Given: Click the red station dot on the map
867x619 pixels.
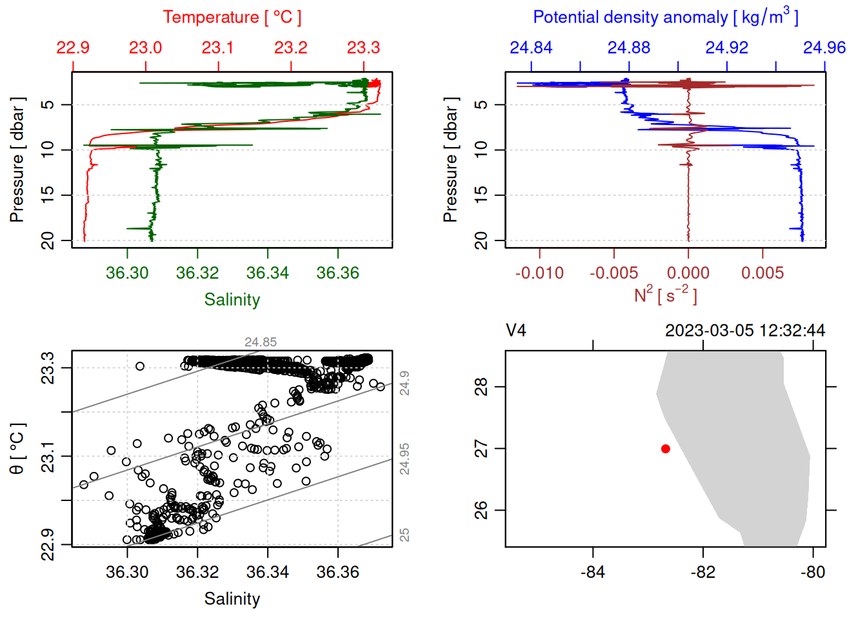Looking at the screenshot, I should tap(665, 449).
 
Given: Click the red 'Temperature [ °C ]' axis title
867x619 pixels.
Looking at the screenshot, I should tap(232, 17).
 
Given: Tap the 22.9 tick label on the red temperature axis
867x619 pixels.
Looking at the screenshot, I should tap(73, 48).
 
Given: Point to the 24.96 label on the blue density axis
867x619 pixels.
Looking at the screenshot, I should tap(824, 48).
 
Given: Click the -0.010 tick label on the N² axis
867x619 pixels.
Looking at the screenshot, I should tap(539, 273).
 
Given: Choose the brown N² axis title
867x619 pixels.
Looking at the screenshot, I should tap(665, 295).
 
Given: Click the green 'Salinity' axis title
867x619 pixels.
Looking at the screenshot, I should tap(232, 300).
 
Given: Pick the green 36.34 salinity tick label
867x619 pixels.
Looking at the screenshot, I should tap(268, 273).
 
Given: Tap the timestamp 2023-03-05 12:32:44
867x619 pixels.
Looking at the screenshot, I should tap(745, 331).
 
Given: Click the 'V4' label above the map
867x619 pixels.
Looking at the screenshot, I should tap(516, 331).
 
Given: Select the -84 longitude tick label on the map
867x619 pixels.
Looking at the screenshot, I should tap(592, 572).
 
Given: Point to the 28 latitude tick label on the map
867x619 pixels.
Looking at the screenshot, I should tap(481, 387).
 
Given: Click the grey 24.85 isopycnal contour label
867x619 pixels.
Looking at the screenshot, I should tap(261, 342).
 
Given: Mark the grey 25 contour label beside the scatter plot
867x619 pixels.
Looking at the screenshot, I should tap(404, 535).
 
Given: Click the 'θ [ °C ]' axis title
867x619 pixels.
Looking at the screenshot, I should tap(17, 449).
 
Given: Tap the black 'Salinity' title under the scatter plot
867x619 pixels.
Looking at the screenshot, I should tap(232, 599).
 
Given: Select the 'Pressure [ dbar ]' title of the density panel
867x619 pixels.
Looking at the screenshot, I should tap(450, 160).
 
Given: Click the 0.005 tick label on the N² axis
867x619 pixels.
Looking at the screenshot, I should tap(762, 273).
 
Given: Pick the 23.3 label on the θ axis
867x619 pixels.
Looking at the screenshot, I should tap(48, 368).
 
